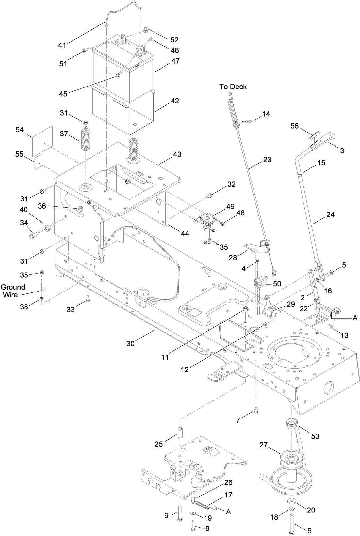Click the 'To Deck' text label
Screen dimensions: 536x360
click(x=233, y=87)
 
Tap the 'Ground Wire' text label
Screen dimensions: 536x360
click(x=13, y=291)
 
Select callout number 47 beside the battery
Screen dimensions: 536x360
click(x=175, y=61)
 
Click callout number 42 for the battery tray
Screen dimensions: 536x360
click(x=175, y=101)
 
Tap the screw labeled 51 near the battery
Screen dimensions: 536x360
click(x=85, y=50)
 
